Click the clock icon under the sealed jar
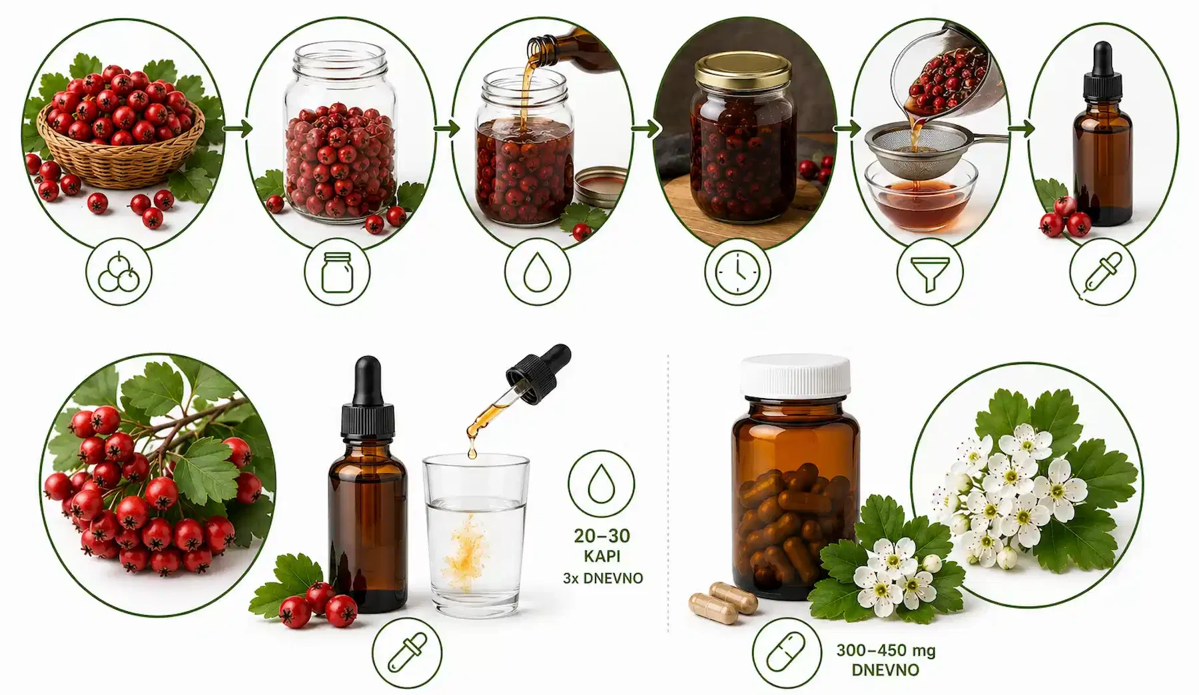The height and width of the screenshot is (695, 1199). pyautogui.click(x=737, y=272)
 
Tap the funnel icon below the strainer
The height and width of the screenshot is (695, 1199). pyautogui.click(x=930, y=272)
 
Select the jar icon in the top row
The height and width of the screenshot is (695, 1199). pyautogui.click(x=337, y=272)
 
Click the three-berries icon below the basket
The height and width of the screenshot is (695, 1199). pyautogui.click(x=119, y=272)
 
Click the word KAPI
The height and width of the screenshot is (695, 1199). pyautogui.click(x=601, y=555)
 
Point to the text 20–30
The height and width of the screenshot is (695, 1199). pyautogui.click(x=601, y=535)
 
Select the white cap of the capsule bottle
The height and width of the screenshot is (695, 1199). pyautogui.click(x=796, y=375)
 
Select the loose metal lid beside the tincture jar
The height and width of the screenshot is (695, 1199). pyautogui.click(x=601, y=186)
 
